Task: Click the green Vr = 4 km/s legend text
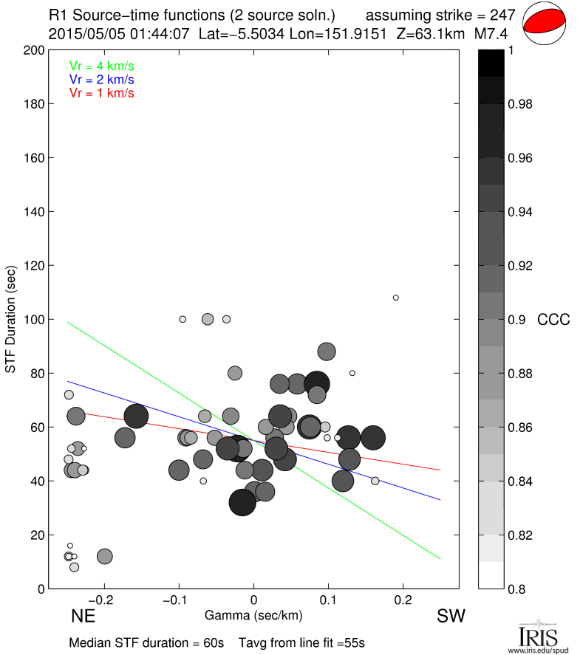tap(102, 65)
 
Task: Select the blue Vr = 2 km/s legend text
tap(102, 79)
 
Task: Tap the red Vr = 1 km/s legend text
tap(102, 93)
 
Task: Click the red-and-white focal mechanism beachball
tap(545, 24)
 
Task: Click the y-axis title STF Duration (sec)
tap(12, 320)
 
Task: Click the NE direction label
tap(83, 617)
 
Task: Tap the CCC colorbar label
tap(553, 320)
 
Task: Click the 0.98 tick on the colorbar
tap(520, 104)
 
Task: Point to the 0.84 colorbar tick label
tap(520, 481)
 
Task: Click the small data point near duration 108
tap(396, 298)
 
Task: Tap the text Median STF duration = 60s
tap(146, 642)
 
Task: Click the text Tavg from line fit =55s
tap(301, 642)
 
